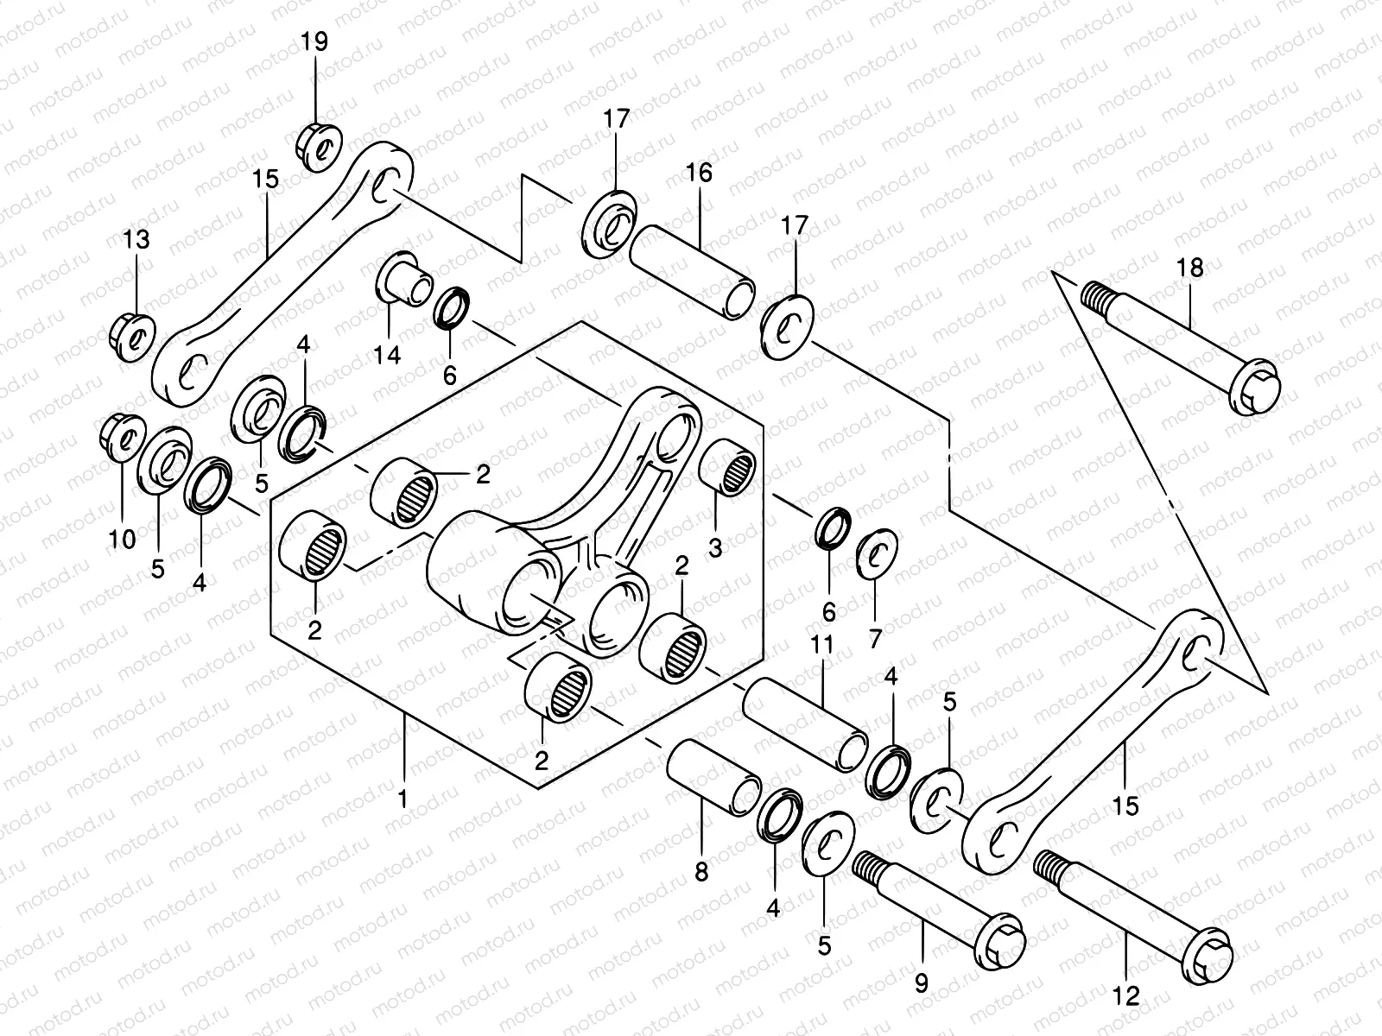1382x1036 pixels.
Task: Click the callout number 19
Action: pyautogui.click(x=315, y=41)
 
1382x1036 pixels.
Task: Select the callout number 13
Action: pyautogui.click(x=136, y=239)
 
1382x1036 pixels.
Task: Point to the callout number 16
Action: pyautogui.click(x=700, y=173)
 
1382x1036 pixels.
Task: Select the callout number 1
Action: pyautogui.click(x=402, y=799)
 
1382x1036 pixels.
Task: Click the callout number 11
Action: pyautogui.click(x=821, y=644)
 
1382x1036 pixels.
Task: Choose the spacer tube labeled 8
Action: pyautogui.click(x=713, y=776)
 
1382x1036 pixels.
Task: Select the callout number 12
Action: pyautogui.click(x=1127, y=995)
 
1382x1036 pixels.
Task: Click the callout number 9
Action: pyautogui.click(x=922, y=983)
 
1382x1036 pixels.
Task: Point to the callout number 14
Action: pyautogui.click(x=389, y=354)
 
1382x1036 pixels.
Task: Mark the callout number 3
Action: pyautogui.click(x=715, y=546)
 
